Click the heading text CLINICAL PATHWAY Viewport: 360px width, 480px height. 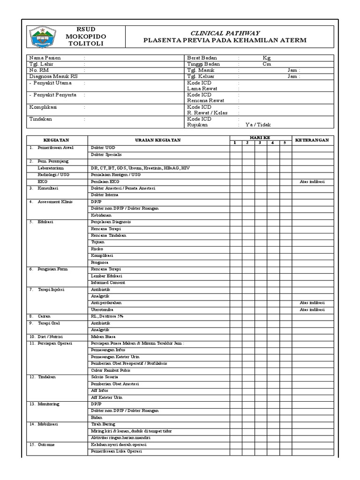click(x=225, y=33)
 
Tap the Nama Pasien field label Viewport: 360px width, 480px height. click(x=45, y=58)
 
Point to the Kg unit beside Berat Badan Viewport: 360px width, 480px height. click(x=267, y=58)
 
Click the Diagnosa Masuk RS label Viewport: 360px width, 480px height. click(x=53, y=76)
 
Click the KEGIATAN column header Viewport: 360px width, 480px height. click(x=56, y=140)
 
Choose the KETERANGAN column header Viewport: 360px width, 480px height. click(x=312, y=140)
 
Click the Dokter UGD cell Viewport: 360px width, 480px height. click(x=103, y=148)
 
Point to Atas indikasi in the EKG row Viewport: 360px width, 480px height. click(x=312, y=181)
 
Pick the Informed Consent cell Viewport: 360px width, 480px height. click(x=108, y=283)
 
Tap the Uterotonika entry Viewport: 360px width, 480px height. click(x=103, y=310)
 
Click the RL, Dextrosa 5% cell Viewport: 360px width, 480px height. click(x=107, y=316)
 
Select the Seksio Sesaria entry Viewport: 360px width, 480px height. click(x=105, y=377)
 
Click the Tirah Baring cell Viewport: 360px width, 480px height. click(x=103, y=424)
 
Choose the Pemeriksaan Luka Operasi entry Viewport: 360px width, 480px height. click(x=116, y=451)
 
